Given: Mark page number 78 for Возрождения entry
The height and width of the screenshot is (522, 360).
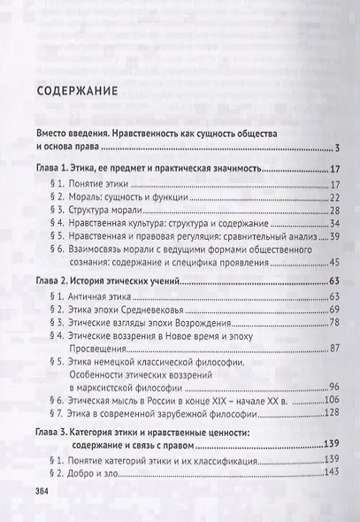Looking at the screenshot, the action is pyautogui.click(x=323, y=326).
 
